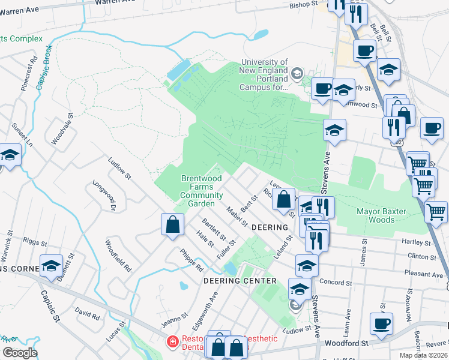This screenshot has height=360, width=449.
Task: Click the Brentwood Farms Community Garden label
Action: (x=201, y=191)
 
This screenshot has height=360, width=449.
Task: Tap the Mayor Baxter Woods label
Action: (x=381, y=215)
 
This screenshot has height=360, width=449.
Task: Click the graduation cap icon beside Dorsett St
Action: (x=52, y=265)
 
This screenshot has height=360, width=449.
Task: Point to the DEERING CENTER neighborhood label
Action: (x=240, y=281)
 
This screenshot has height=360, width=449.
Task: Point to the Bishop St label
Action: (x=303, y=4)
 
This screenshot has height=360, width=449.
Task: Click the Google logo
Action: (x=20, y=352)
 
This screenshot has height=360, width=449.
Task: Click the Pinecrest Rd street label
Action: (x=26, y=74)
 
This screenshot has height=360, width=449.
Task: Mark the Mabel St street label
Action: (x=237, y=217)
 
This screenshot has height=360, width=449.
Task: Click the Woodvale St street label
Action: (x=61, y=130)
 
